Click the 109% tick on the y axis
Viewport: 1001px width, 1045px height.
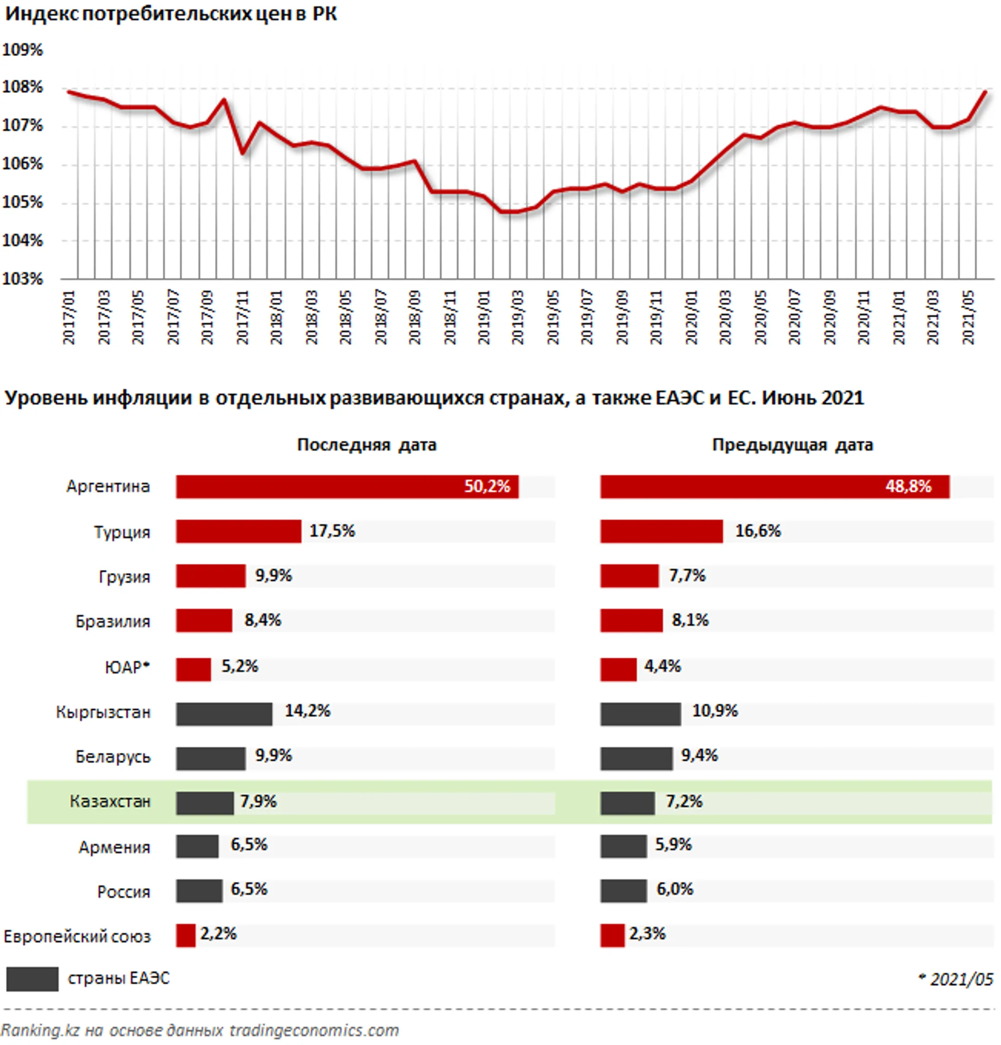click(x=22, y=50)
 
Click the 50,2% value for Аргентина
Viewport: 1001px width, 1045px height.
click(x=487, y=486)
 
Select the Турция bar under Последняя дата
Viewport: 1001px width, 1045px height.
click(x=238, y=532)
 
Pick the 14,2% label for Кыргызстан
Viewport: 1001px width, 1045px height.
click(x=307, y=711)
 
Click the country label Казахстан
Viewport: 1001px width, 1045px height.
click(x=110, y=801)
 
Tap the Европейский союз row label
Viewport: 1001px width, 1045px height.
click(x=77, y=936)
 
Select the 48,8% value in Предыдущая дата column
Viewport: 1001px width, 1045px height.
click(x=908, y=486)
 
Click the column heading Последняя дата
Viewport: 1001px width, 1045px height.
click(x=367, y=445)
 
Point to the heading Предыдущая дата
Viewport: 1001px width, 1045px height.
click(x=792, y=445)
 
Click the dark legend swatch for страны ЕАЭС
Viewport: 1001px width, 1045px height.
click(x=32, y=979)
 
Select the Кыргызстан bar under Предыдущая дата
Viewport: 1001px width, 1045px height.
click(x=640, y=714)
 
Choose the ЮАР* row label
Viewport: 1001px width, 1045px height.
click(x=127, y=667)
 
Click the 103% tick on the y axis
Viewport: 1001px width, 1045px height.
click(x=22, y=279)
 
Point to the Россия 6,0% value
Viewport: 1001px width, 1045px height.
click(x=675, y=889)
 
